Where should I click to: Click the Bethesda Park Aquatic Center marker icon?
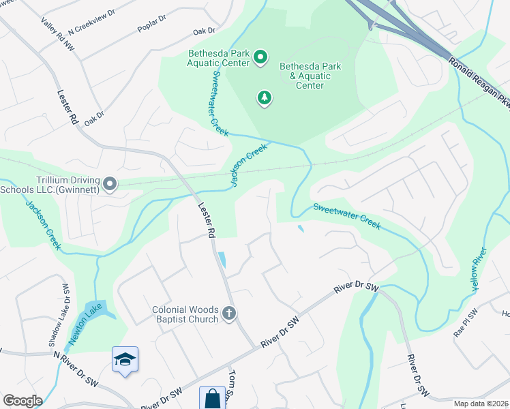260,58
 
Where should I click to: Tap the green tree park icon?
265,99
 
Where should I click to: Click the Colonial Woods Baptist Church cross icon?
229,314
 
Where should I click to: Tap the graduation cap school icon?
125,359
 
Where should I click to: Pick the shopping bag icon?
212,398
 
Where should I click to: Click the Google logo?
22,401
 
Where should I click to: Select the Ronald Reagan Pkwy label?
479,82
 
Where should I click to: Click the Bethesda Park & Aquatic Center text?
310,76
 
